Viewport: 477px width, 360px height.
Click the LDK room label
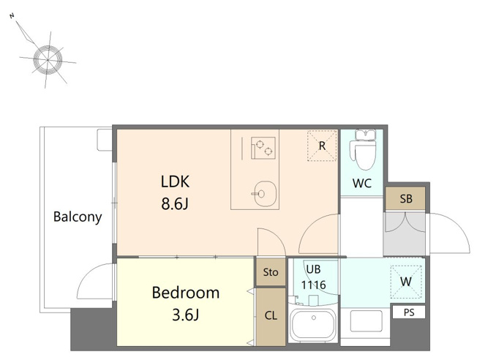pos(175,181)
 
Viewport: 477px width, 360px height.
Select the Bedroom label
pos(186,293)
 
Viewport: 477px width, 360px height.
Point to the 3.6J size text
pos(186,315)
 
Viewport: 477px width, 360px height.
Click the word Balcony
pos(78,217)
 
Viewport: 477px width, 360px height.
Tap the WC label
pos(361,183)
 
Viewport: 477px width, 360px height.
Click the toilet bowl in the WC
pos(366,154)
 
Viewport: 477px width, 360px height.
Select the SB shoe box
pos(405,198)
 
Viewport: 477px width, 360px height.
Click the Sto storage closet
pos(271,271)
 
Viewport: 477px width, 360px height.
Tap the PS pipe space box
pos(409,312)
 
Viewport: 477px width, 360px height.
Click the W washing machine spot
pos(406,282)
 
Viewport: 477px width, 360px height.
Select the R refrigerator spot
pos(322,146)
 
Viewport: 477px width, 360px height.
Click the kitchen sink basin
pos(265,194)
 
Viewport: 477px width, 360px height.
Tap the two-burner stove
pos(263,148)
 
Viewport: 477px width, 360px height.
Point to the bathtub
pos(313,325)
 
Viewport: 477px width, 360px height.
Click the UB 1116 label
pos(313,277)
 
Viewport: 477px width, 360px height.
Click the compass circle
pos(48,59)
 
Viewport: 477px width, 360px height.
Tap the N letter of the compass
pos(12,16)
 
